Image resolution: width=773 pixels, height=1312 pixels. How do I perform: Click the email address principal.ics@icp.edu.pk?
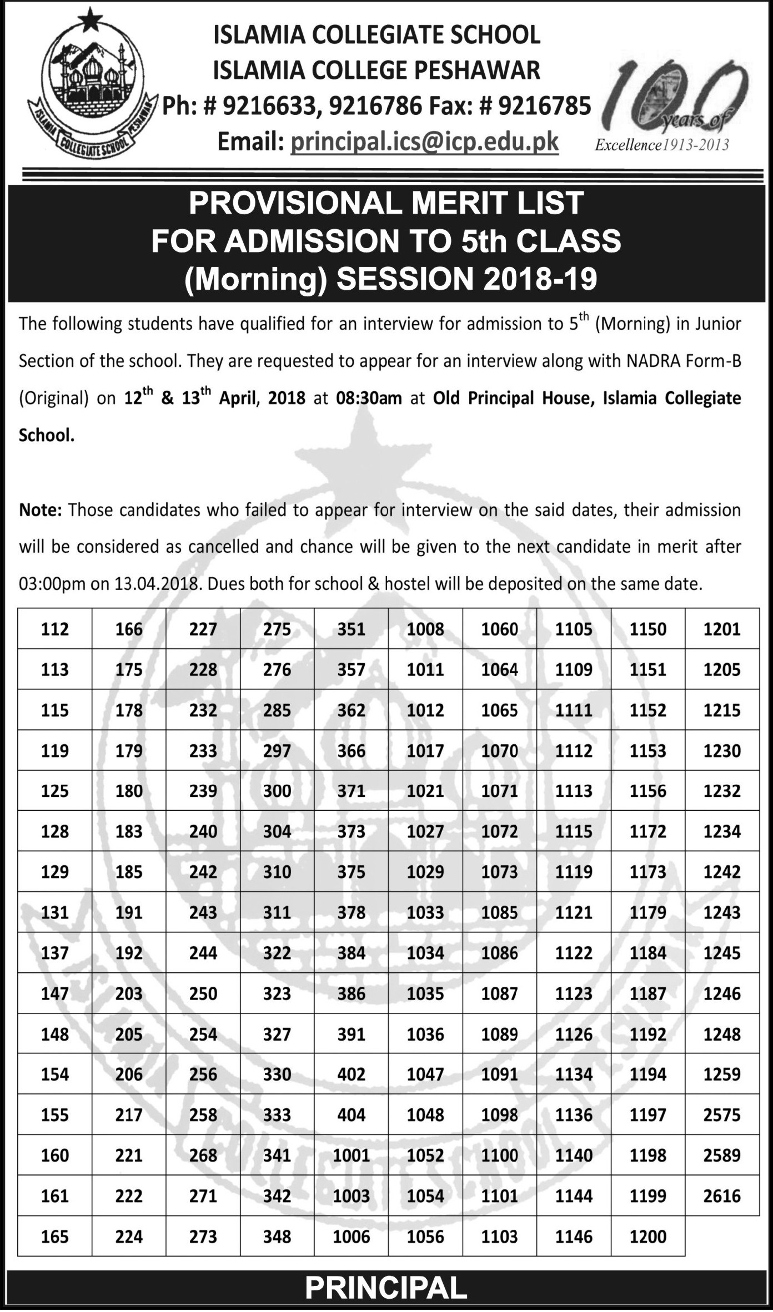pos(425,142)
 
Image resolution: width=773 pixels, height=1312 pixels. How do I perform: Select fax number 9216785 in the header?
pos(545,105)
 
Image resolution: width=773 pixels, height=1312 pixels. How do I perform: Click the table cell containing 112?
pos(55,629)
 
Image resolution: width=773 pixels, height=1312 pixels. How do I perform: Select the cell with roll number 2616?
pos(722,1196)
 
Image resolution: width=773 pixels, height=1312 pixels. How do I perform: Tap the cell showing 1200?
pos(648,1237)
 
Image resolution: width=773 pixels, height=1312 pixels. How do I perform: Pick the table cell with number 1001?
pos(352,1155)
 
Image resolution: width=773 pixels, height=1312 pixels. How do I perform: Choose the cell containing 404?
pos(352,1115)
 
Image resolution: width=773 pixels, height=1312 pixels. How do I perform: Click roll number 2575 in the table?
pos(722,1115)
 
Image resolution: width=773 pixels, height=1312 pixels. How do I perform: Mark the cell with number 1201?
pos(722,629)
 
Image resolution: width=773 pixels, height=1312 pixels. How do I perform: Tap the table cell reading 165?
pos(55,1237)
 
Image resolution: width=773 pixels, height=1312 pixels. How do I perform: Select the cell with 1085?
pos(500,912)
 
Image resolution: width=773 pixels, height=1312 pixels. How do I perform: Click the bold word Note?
pos(40,510)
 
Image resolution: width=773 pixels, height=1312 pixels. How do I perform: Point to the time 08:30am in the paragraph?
pos(369,398)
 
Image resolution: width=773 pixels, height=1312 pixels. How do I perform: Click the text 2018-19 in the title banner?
pos(540,279)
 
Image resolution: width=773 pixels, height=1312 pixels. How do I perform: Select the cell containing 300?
pos(277,791)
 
